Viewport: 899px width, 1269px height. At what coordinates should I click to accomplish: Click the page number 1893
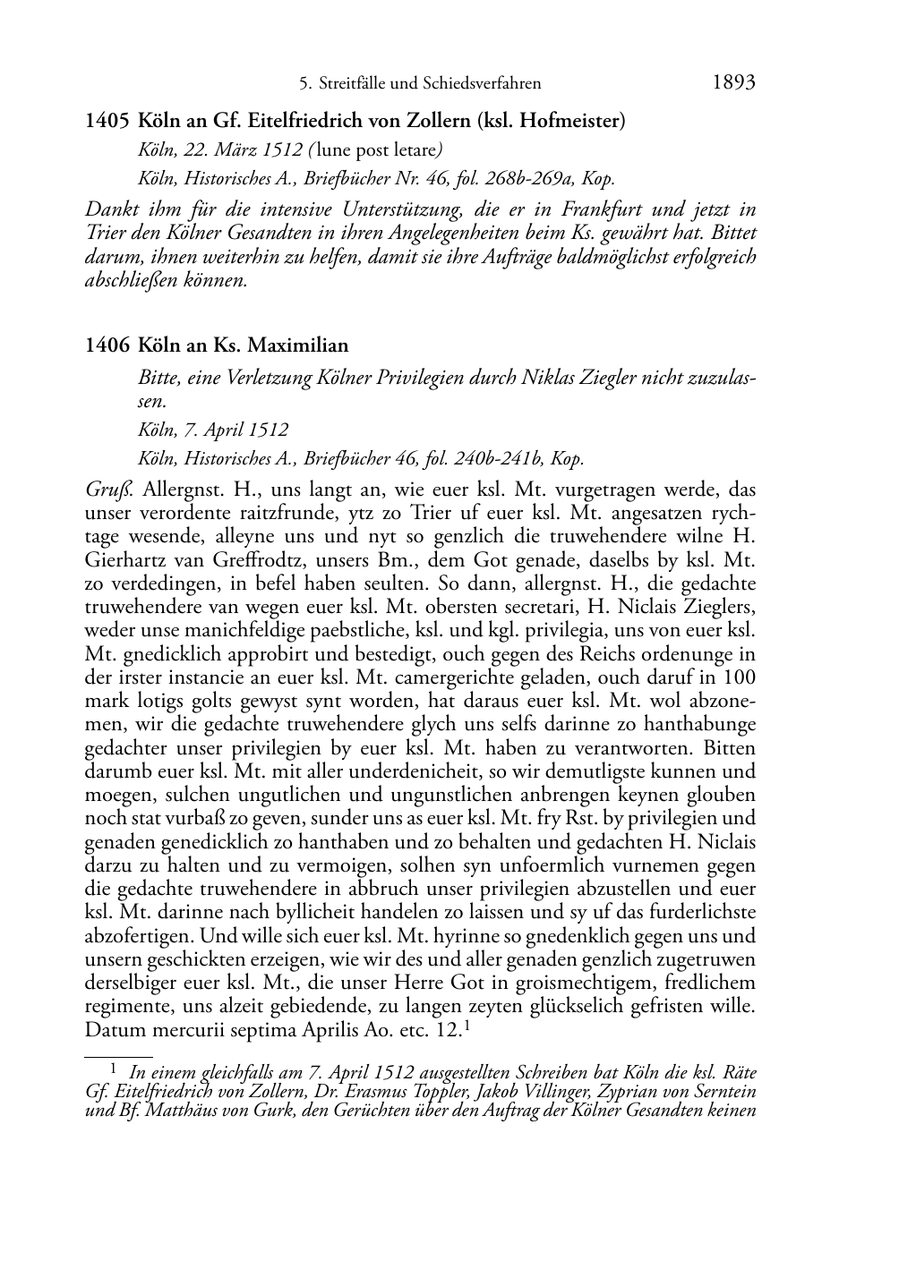coord(734,82)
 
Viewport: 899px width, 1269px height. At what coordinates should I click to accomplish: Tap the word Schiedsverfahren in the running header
coord(484,84)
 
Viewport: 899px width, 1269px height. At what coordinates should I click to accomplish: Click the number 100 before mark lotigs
coord(740,677)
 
